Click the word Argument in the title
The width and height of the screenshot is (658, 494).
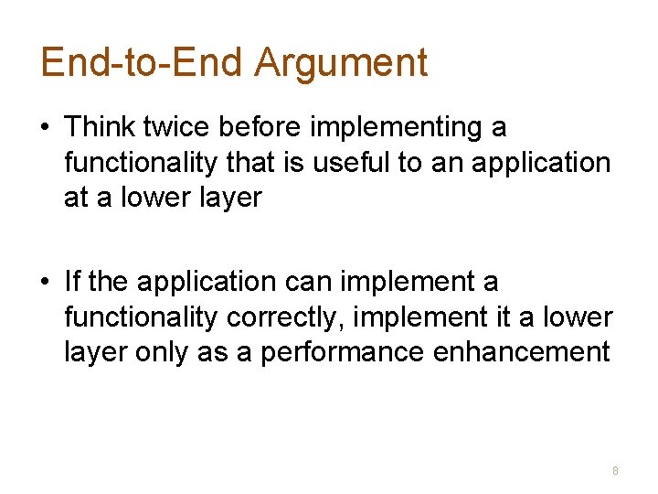341,62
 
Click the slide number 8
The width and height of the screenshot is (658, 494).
615,471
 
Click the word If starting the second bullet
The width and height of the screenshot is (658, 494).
71,283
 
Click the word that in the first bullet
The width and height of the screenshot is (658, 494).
249,162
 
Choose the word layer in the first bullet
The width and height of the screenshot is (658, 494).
228,197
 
